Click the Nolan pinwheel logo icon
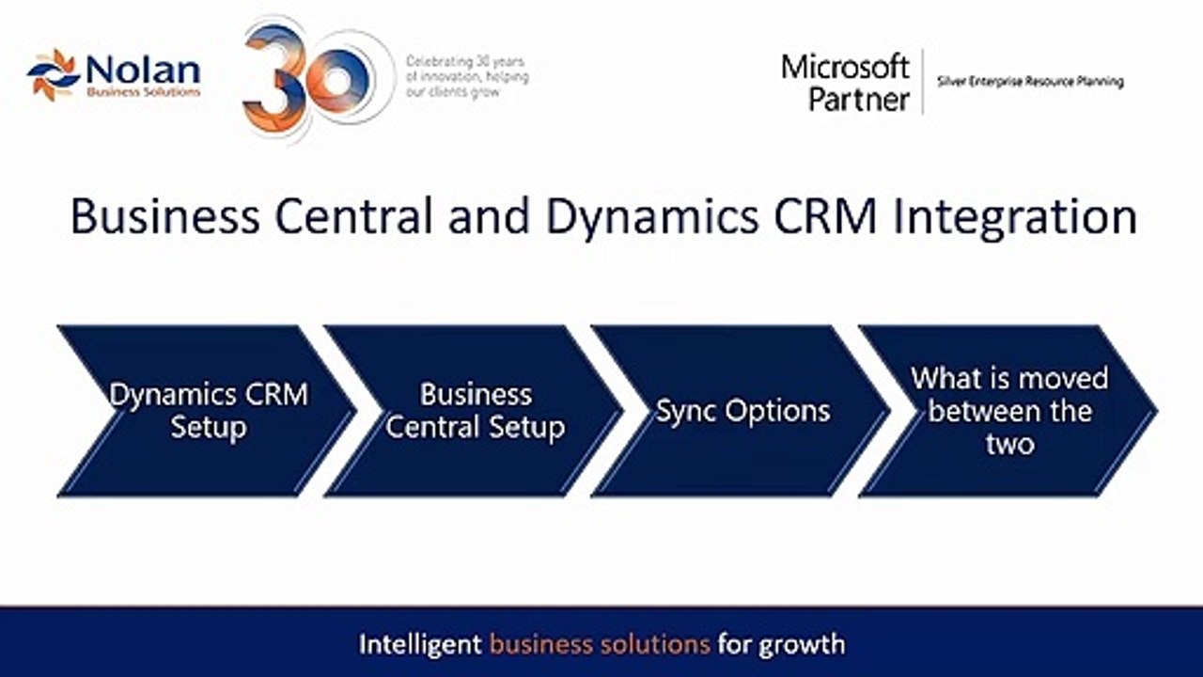coord(54,74)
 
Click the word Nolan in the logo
coord(143,71)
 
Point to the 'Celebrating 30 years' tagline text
coord(467,77)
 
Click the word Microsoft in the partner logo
coord(845,68)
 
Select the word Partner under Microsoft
coord(859,100)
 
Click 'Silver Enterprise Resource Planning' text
coord(1030,82)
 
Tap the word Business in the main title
coord(165,216)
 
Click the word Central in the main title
coord(353,216)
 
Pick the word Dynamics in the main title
coord(652,217)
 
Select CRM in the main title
coord(825,216)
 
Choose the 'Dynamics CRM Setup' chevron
coord(207,411)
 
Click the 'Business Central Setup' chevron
coord(475,411)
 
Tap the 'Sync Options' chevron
coord(742,411)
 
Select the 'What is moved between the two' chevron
coord(1008,411)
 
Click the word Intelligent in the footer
coord(420,645)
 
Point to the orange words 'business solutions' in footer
coord(600,644)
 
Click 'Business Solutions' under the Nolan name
coord(144,92)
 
